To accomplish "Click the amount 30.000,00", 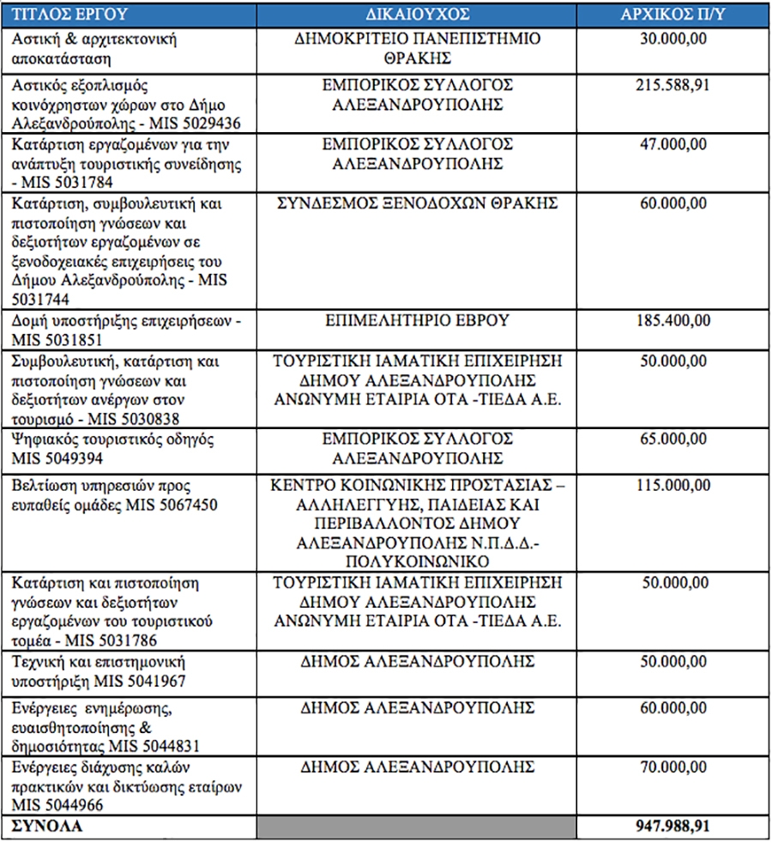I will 676,39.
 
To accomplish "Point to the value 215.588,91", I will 672,86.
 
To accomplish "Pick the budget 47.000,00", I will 676,143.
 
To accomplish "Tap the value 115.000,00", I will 672,485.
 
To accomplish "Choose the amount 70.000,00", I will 676,766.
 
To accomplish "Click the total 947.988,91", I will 672,827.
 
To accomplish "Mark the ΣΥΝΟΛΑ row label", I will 47,827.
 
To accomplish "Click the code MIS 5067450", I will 175,505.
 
